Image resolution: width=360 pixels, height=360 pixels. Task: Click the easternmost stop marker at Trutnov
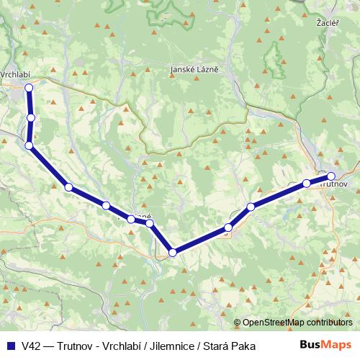[x=331, y=176]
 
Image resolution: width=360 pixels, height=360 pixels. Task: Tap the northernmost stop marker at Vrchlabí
[x=29, y=88]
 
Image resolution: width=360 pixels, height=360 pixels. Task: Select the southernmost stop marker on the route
[x=172, y=252]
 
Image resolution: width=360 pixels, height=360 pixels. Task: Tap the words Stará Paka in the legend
[x=235, y=346]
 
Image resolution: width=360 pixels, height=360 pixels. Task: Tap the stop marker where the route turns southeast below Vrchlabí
[x=29, y=145]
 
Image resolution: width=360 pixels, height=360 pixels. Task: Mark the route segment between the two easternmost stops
[x=319, y=179]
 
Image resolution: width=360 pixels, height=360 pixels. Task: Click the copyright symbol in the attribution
[x=238, y=323]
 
